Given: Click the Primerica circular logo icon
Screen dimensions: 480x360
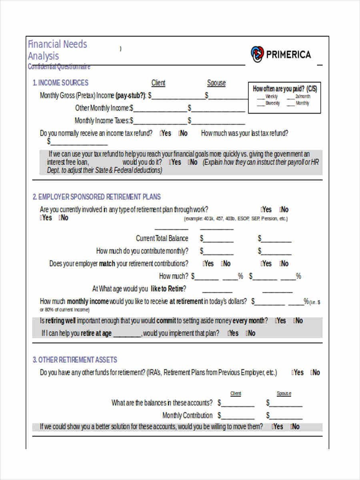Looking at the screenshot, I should pos(257,54).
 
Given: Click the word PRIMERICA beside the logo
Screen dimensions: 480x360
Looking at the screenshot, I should pos(288,55).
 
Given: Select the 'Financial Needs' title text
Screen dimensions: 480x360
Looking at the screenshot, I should pos(57,44).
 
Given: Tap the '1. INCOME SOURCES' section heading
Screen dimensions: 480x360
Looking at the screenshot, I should pos(60,83).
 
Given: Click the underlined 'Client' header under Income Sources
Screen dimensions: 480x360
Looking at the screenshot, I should pos(158,83).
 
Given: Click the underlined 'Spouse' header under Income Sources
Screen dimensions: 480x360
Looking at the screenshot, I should pos(216,83).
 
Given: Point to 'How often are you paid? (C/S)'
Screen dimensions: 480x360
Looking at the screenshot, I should pos(285,89).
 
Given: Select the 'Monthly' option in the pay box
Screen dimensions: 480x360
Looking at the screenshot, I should pos(302,103).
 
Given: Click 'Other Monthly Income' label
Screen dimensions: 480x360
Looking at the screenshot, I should pos(102,108).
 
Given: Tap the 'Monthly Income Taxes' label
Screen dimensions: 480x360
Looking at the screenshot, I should pos(102,120).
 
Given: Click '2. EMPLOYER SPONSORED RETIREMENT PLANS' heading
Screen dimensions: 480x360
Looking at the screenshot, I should pos(96,197).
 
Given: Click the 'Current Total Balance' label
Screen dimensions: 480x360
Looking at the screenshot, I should pos(162,238).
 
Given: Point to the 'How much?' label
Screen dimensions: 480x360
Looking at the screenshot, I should pos(173,276).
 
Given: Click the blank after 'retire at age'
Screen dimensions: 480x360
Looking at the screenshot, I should pos(127,334).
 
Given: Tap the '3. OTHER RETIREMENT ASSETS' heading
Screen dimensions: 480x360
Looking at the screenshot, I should pos(75,360).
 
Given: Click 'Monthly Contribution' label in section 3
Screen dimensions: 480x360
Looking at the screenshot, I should pos(187,415).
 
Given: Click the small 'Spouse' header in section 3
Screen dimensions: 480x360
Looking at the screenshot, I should pos(284,394).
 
